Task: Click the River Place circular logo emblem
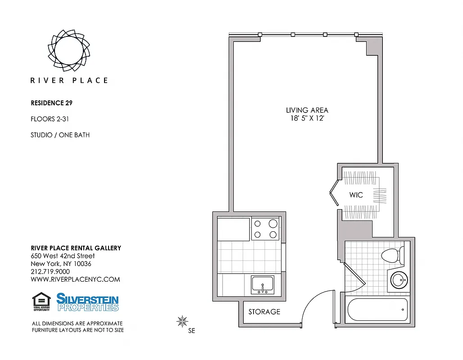pos(69,50)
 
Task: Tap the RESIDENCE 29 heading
pos(51,103)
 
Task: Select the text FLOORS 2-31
pos(50,119)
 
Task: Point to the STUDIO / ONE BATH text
pos(60,135)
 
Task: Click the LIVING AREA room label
pos(307,110)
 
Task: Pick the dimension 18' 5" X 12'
pos(307,118)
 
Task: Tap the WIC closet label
pos(356,195)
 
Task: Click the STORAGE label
pos(264,311)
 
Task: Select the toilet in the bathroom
pos(392,256)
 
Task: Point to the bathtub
pos(377,310)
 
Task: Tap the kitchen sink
pos(262,284)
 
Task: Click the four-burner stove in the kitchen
pos(265,229)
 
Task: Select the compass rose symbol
pos(182,321)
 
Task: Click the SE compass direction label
pos(191,331)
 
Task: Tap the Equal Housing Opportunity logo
pos(41,302)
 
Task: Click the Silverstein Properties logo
pos(87,302)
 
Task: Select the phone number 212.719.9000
pos(50,271)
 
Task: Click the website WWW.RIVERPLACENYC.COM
pos(75,279)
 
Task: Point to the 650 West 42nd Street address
pos(63,256)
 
